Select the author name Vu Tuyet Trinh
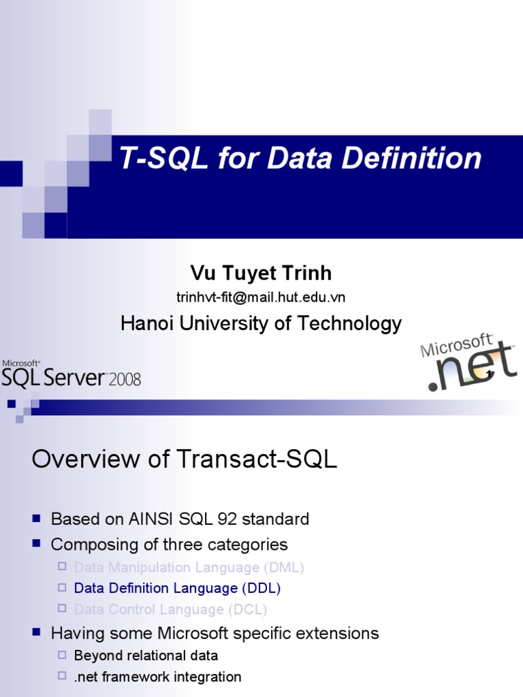(x=261, y=273)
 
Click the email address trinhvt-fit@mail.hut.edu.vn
(x=261, y=297)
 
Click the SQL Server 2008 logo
(x=71, y=374)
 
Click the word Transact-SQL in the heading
(x=259, y=459)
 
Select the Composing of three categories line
(x=169, y=545)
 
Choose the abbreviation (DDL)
(x=261, y=588)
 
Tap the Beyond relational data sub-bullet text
(x=146, y=655)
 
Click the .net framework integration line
(x=157, y=677)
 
